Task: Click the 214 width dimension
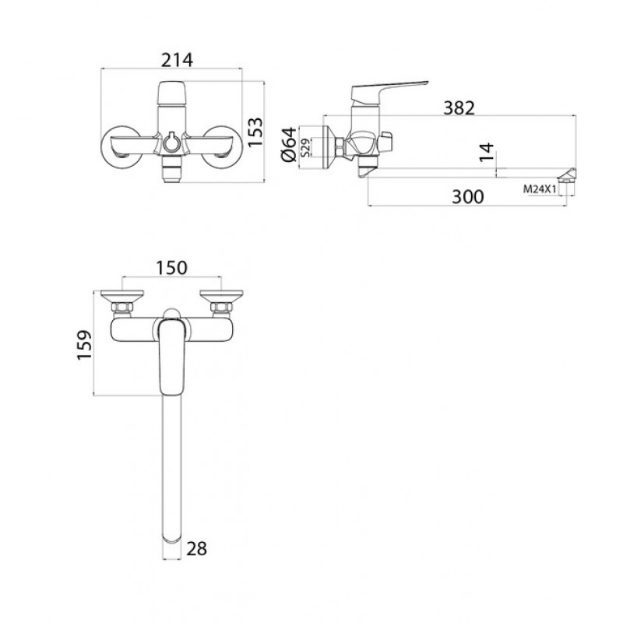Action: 177,61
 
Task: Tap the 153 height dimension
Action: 255,132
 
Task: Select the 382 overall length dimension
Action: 459,107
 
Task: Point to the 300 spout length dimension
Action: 468,197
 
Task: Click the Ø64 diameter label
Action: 289,144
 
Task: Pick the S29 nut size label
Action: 305,147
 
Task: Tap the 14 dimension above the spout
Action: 486,152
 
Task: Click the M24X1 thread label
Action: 540,189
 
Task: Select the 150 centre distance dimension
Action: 171,268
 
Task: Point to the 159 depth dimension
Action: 84,345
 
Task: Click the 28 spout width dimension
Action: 196,549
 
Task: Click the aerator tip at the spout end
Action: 568,175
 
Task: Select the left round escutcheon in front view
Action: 121,147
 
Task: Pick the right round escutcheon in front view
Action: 222,147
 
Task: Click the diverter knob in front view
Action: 171,142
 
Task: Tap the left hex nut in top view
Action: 122,307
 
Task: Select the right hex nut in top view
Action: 221,307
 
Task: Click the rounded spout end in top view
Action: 171,539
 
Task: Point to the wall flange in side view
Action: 329,147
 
